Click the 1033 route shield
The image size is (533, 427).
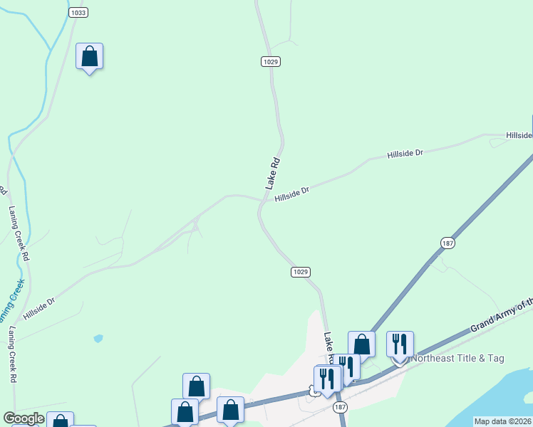pyautogui.click(x=78, y=13)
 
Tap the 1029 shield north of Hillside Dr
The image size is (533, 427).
pyautogui.click(x=270, y=62)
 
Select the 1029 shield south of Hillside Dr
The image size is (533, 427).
pyautogui.click(x=301, y=272)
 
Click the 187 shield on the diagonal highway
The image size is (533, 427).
pyautogui.click(x=447, y=243)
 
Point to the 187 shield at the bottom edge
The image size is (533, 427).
pyautogui.click(x=340, y=406)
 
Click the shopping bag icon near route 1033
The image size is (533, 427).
pyautogui.click(x=90, y=56)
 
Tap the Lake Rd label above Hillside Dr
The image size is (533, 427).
pyautogui.click(x=274, y=173)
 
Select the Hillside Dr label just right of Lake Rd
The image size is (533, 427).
pyautogui.click(x=293, y=192)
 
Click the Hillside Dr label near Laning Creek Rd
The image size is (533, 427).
pyautogui.click(x=38, y=308)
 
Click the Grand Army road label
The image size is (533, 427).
pyautogui.click(x=501, y=317)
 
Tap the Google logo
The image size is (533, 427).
pyautogui.click(x=23, y=418)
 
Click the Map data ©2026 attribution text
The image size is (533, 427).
pyautogui.click(x=502, y=421)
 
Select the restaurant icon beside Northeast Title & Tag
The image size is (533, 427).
pyautogui.click(x=400, y=344)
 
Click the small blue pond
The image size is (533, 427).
pyautogui.click(x=98, y=338)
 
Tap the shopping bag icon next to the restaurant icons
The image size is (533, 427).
pyautogui.click(x=361, y=344)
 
